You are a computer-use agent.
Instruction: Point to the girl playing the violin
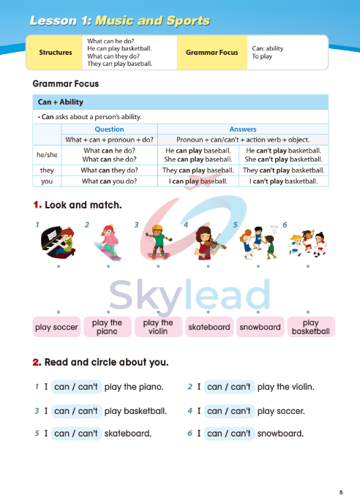207,241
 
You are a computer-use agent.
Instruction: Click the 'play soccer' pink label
56,328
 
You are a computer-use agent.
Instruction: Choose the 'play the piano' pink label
108,327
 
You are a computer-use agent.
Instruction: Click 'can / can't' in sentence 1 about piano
76,387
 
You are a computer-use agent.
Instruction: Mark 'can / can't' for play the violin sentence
229,387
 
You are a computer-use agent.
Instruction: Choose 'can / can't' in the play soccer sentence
229,411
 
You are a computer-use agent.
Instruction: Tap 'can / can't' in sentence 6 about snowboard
229,434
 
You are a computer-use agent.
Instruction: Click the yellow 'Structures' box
56,53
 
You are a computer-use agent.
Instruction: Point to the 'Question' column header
110,129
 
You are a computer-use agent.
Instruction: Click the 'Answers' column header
243,129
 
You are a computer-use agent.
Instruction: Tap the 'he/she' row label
47,155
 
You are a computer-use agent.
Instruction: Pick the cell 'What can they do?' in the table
110,170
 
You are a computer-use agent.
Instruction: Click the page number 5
340,491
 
